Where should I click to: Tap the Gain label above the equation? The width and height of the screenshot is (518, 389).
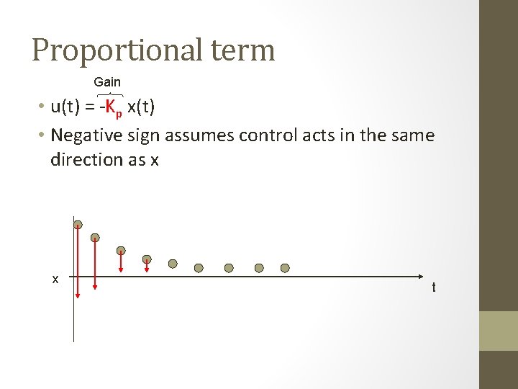point(107,82)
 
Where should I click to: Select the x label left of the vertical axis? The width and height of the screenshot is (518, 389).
point(55,279)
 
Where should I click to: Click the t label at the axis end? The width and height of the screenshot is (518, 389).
point(434,287)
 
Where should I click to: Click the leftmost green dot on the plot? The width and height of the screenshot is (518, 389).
point(78,225)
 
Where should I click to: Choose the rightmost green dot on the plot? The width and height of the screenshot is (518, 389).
point(285,268)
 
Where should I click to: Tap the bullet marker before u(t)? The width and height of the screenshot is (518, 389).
point(43,108)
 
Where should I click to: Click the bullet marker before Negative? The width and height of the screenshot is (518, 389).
point(43,135)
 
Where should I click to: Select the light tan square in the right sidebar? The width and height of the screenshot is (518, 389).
point(498,331)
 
